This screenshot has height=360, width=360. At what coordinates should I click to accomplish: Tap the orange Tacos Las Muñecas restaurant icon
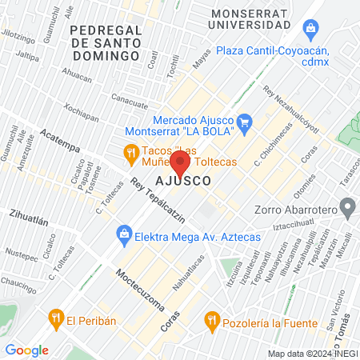130,152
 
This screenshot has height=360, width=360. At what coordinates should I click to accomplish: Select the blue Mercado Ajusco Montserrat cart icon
246,122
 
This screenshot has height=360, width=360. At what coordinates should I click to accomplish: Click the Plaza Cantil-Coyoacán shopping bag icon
310,30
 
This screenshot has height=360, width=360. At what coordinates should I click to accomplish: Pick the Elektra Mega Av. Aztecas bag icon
123,234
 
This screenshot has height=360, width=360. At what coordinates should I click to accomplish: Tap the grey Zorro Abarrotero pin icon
347,210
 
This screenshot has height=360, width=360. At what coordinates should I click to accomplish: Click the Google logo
27,350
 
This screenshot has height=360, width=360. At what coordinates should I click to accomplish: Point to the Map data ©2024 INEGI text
311,354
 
